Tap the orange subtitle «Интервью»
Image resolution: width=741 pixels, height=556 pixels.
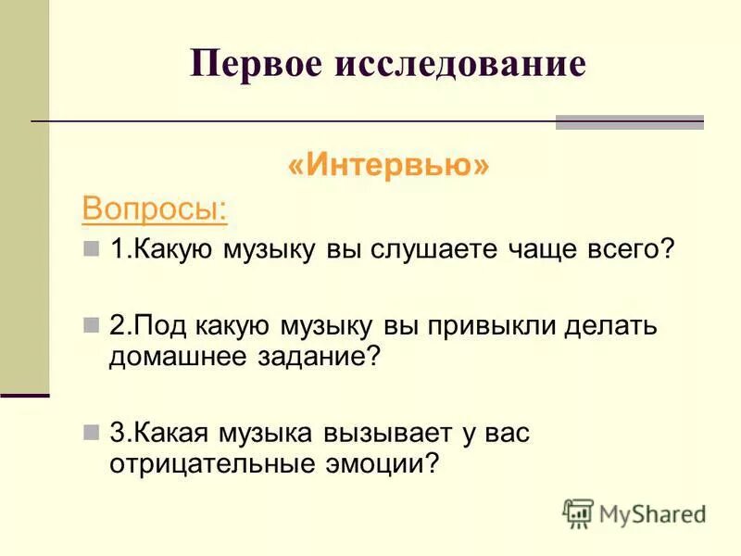(x=388, y=168)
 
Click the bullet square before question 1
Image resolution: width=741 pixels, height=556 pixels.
(x=91, y=249)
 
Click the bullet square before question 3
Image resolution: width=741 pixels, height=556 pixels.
(x=91, y=432)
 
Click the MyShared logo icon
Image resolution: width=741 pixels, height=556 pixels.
(x=578, y=513)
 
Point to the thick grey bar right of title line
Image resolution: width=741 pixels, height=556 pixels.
(x=629, y=121)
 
